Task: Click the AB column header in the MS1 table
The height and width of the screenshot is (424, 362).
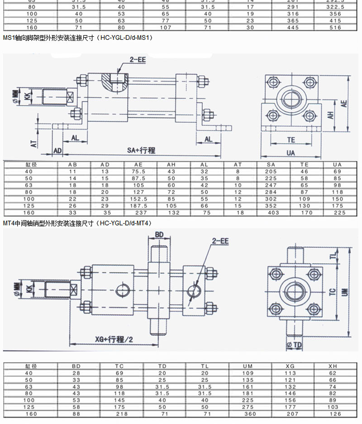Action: pyautogui.click(x=72, y=165)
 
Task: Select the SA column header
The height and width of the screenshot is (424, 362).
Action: pyautogui.click(x=271, y=165)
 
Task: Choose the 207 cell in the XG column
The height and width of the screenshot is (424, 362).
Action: pyautogui.click(x=290, y=414)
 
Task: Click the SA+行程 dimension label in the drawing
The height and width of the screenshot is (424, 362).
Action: pyautogui.click(x=138, y=150)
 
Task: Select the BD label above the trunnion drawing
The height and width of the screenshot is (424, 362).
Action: pyautogui.click(x=159, y=234)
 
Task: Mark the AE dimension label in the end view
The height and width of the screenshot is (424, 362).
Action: pyautogui.click(x=345, y=103)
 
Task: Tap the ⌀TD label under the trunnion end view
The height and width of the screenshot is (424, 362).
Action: pyautogui.click(x=294, y=345)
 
